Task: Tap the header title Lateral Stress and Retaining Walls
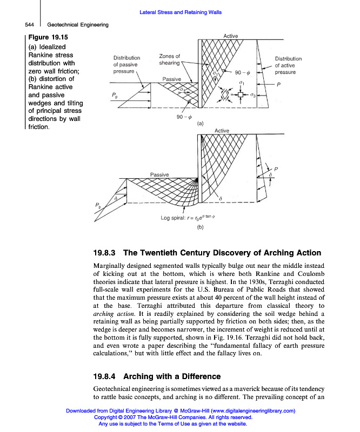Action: click(x=181, y=12)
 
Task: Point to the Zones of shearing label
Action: click(x=170, y=60)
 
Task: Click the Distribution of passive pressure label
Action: click(x=126, y=64)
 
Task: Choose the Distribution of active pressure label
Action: click(x=288, y=65)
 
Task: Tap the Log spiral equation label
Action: click(x=188, y=218)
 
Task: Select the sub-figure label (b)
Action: click(x=200, y=227)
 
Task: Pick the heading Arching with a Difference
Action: click(x=172, y=376)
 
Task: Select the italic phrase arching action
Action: click(x=111, y=313)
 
